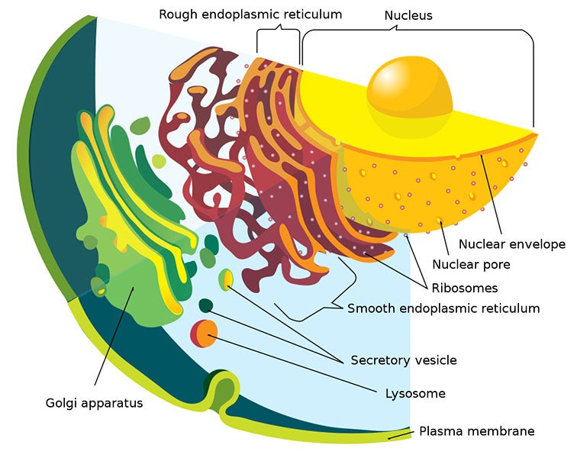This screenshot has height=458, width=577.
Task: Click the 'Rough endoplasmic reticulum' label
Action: (250, 14)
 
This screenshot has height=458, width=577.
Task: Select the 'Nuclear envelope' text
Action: (511, 244)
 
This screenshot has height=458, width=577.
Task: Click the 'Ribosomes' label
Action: (464, 288)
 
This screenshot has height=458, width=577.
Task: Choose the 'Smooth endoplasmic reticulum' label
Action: (443, 308)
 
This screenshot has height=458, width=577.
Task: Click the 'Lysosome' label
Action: (415, 393)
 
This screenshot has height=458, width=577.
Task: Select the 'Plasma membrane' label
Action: (476, 431)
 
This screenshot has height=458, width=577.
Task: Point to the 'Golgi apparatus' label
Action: (95, 402)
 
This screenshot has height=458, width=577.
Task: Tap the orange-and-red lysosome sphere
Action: (204, 333)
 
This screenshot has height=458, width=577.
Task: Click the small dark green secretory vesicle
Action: (205, 306)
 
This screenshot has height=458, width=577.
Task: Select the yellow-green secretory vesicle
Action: (225, 279)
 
